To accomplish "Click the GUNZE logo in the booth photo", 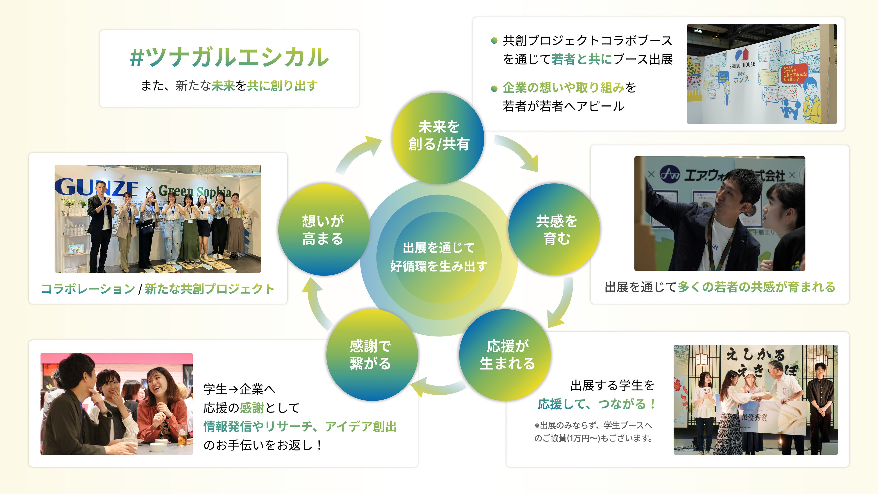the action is pyautogui.click(x=95, y=187).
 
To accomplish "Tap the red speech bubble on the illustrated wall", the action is pyautogui.click(x=794, y=73).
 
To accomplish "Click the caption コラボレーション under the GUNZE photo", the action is pyautogui.click(x=88, y=289).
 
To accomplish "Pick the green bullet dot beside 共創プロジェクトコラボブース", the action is pyautogui.click(x=494, y=41).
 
